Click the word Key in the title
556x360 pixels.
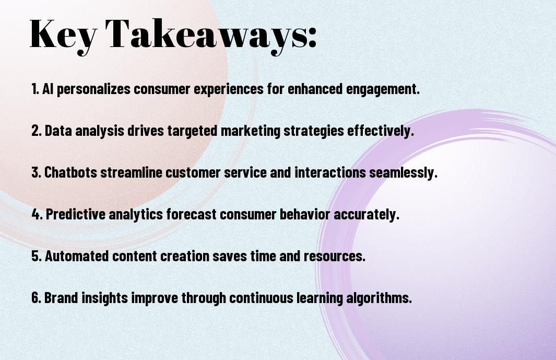coord(63,35)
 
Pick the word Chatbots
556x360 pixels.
coord(70,172)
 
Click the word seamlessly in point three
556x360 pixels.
coord(403,173)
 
